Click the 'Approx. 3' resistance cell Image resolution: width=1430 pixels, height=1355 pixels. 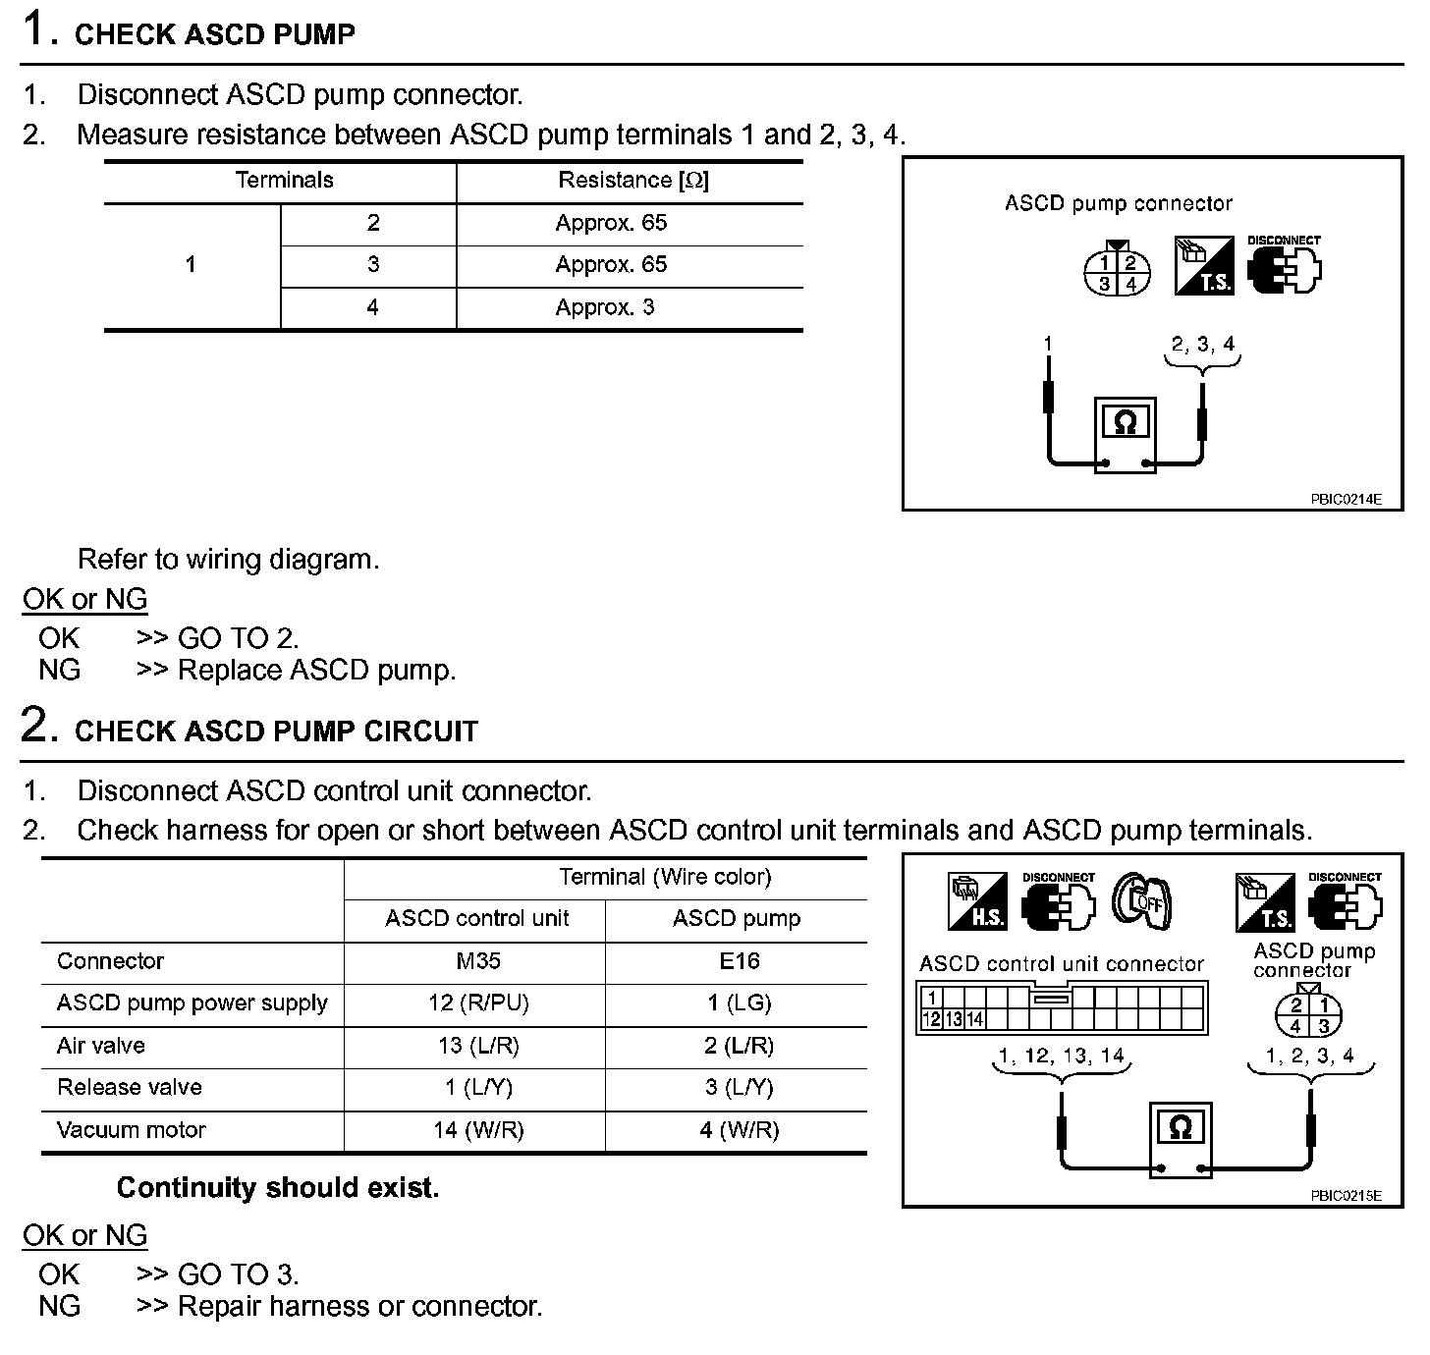(604, 307)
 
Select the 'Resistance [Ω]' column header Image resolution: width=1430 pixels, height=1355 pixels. (632, 181)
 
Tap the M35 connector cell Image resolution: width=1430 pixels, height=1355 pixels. (478, 961)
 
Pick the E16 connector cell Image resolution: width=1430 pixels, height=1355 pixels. (739, 961)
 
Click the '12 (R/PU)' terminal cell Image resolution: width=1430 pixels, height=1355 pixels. (478, 1003)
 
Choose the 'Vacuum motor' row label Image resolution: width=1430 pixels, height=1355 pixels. (132, 1130)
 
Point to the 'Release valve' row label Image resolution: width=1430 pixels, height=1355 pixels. (130, 1088)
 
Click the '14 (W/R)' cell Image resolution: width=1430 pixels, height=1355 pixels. (478, 1130)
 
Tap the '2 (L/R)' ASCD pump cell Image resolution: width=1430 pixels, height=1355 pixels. (739, 1046)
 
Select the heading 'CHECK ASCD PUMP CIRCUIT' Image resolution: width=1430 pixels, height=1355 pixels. (276, 732)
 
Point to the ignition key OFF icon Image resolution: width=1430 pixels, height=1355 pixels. (1142, 901)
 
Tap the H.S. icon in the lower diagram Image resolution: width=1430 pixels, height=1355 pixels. (977, 901)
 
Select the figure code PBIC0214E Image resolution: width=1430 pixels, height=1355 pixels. (1346, 499)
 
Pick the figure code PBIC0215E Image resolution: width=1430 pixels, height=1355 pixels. (1346, 1195)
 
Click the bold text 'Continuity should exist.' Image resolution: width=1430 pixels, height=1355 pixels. (278, 1188)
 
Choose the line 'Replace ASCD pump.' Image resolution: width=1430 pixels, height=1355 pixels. (316, 671)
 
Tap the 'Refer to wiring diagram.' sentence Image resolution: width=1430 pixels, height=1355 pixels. (228, 560)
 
